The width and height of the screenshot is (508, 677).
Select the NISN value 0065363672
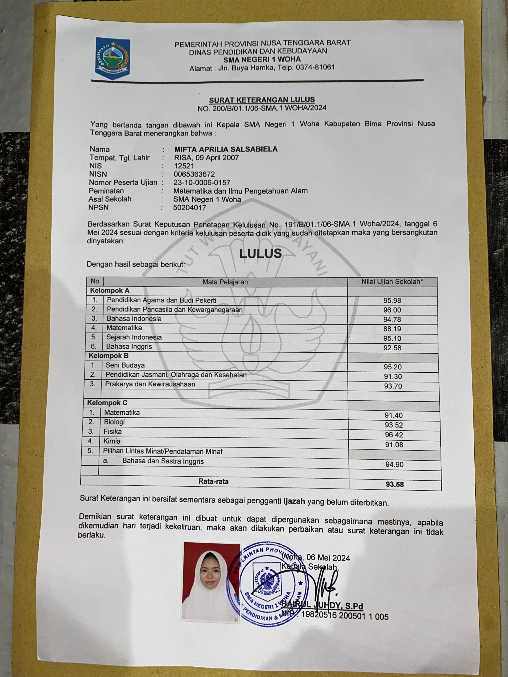(194, 174)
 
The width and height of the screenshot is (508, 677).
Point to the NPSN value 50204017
(189, 208)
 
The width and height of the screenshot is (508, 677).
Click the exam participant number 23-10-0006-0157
(202, 182)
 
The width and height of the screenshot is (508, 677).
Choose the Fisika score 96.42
(394, 435)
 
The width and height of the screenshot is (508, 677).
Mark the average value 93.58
(395, 484)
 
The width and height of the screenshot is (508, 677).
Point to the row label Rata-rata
(213, 481)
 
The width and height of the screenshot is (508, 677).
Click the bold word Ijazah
(294, 501)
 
